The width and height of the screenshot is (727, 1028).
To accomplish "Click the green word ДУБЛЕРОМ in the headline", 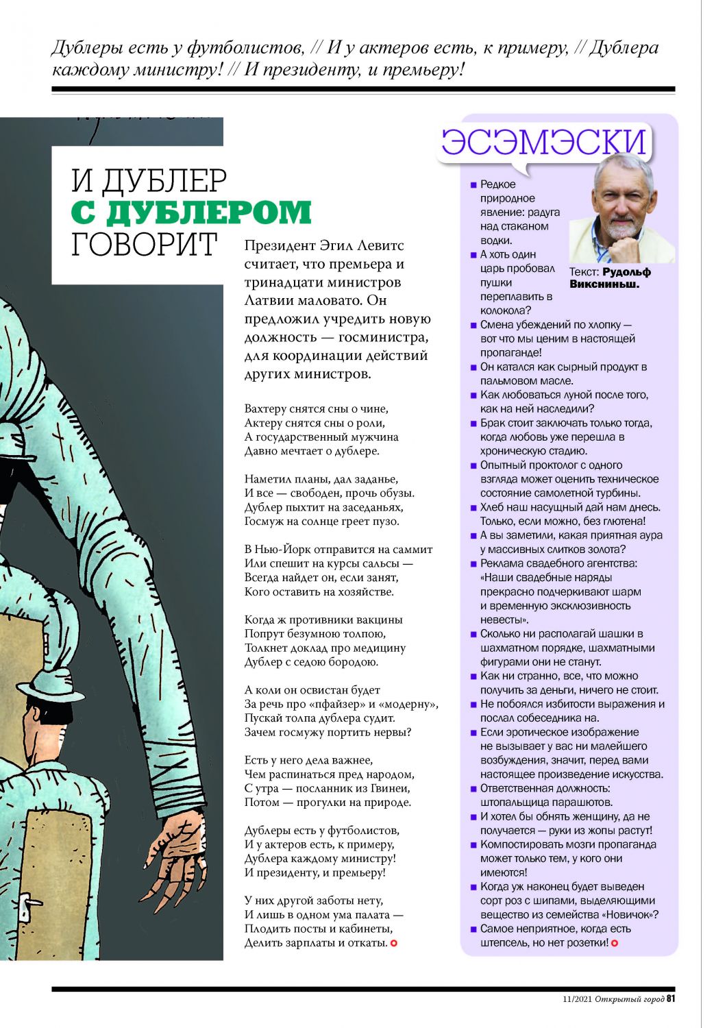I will pyautogui.click(x=191, y=212).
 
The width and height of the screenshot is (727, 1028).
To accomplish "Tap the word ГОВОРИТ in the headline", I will pyautogui.click(x=145, y=245).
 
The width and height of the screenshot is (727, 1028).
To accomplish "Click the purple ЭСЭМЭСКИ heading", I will pyautogui.click(x=544, y=142).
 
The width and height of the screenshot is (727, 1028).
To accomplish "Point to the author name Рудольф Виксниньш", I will pyautogui.click(x=610, y=278).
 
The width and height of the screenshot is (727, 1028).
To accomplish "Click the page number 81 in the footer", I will pyautogui.click(x=671, y=999).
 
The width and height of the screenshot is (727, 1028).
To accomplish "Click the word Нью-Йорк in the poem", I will pyautogui.click(x=283, y=550).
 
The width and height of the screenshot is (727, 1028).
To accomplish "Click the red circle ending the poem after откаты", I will pyautogui.click(x=394, y=944).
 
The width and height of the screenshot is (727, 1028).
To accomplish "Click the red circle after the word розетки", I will pyautogui.click(x=615, y=944).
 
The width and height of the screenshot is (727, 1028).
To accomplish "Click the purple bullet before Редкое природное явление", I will pyautogui.click(x=473, y=185).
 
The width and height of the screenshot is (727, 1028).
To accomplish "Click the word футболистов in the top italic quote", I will pyautogui.click(x=245, y=48).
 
